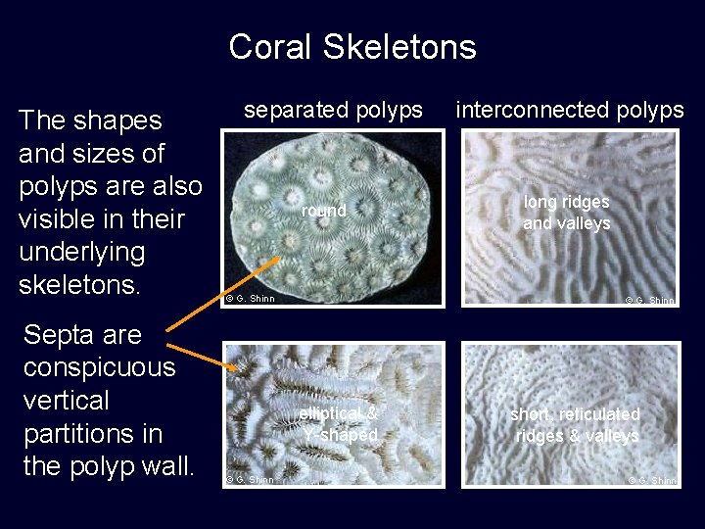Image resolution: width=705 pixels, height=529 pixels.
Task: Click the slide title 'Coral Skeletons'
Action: [352, 47]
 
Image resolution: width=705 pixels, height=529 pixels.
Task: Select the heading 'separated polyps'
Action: [333, 110]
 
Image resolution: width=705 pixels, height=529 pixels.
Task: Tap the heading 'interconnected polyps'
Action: [569, 110]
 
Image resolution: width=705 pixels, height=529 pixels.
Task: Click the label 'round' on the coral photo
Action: [323, 211]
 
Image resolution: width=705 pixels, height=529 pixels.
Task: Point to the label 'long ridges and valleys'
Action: [566, 213]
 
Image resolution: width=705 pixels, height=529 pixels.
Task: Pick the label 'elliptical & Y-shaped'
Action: [339, 424]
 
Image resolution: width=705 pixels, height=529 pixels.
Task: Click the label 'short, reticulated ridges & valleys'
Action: [575, 425]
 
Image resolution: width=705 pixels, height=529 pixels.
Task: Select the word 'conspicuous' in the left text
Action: [99, 367]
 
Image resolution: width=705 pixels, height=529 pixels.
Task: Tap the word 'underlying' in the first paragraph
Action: [81, 252]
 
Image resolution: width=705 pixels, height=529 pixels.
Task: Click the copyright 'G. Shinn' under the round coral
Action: [251, 298]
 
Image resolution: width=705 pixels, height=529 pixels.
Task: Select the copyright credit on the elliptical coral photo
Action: [251, 479]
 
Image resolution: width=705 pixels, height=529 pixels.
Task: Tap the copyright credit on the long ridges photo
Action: [651, 301]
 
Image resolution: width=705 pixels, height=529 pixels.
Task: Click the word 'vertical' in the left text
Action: [66, 401]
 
